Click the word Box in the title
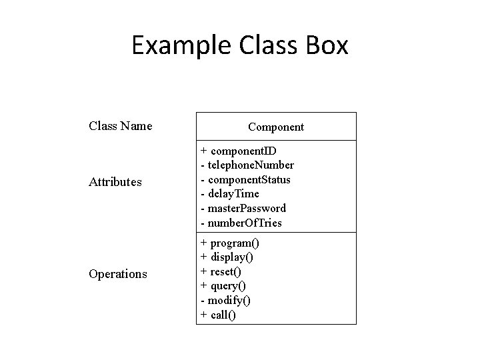click(325, 46)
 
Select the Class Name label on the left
click(120, 125)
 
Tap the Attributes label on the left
click(115, 181)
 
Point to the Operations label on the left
click(118, 273)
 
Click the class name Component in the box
click(276, 127)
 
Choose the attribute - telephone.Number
click(247, 165)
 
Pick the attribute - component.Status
click(245, 179)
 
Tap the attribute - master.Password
click(243, 208)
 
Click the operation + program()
click(230, 243)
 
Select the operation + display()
click(227, 257)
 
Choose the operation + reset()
click(221, 272)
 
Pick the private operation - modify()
click(225, 301)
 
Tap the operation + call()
click(218, 315)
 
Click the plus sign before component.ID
click(203, 151)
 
